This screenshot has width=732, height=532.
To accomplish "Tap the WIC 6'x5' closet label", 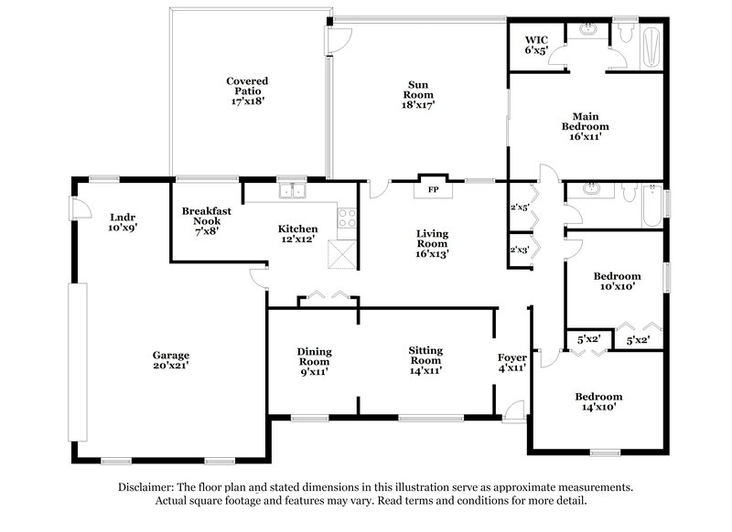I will click(x=535, y=46).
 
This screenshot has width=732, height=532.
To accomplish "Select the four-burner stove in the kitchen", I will click(x=348, y=218).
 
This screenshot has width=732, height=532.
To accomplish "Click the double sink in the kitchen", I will click(x=294, y=192).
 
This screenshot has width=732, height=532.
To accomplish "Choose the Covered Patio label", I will click(x=247, y=92).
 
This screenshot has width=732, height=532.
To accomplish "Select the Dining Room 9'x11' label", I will click(x=314, y=361).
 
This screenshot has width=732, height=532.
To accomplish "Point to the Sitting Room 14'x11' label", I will click(x=426, y=361).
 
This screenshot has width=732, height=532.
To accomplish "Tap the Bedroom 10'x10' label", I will click(x=617, y=282).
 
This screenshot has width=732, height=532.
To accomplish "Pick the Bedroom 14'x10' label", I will click(x=598, y=402).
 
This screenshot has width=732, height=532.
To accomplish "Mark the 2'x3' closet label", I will click(x=519, y=249).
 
